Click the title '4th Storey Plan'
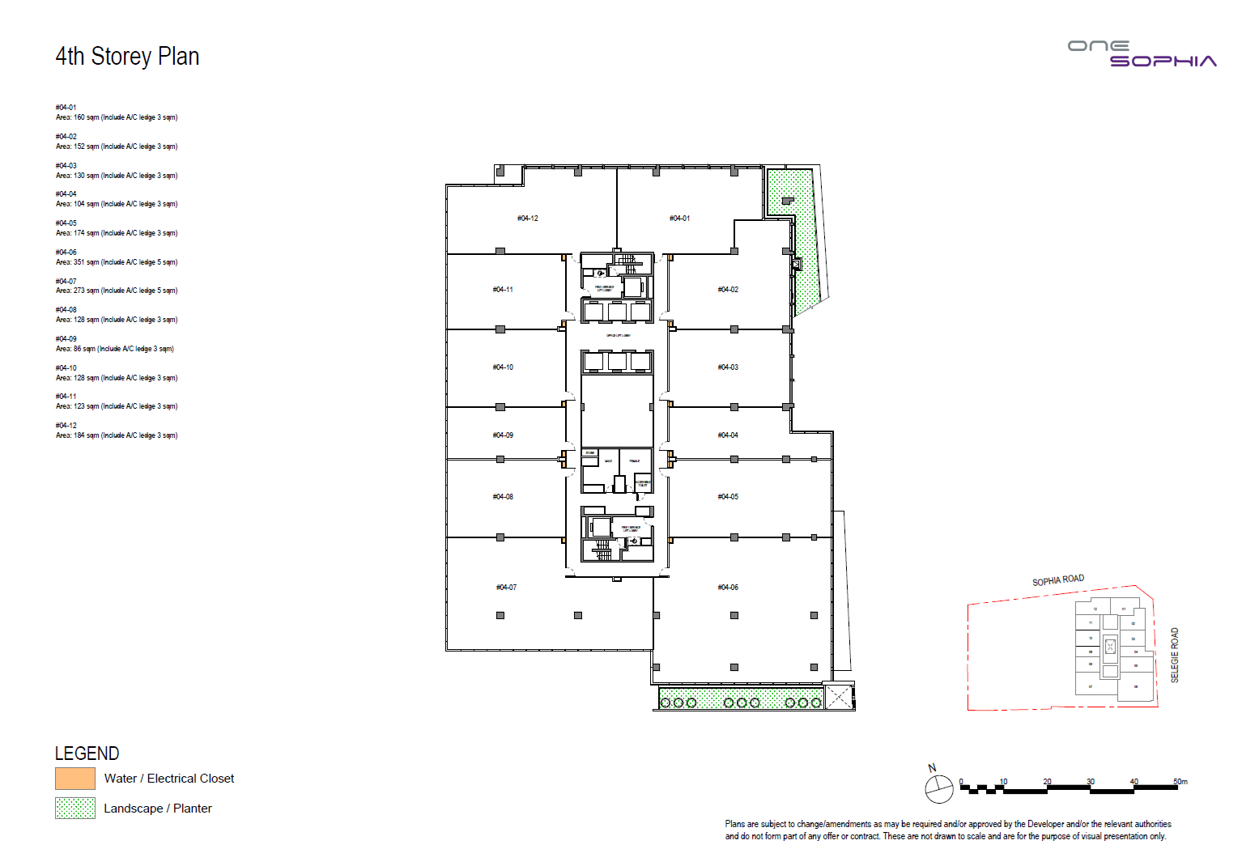click(127, 57)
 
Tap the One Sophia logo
click(1142, 53)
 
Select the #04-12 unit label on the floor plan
click(528, 219)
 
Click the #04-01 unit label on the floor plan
click(679, 219)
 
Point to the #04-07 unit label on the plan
click(506, 588)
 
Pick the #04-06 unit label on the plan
click(728, 588)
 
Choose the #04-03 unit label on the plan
click(728, 367)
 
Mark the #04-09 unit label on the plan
click(503, 435)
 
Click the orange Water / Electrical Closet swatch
click(75, 779)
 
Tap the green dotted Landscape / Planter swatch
click(75, 809)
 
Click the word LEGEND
click(87, 754)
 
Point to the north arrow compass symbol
click(939, 788)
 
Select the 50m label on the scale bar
click(1180, 782)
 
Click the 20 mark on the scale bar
click(1047, 782)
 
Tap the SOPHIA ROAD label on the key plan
click(1058, 580)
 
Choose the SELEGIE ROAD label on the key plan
click(1175, 655)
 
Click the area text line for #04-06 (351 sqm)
click(117, 262)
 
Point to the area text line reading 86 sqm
click(115, 349)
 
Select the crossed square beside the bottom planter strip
click(839, 697)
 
